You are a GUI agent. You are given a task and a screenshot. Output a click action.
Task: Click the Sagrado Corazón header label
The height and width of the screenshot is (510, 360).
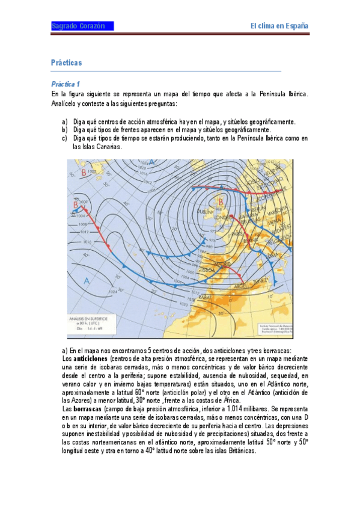tap(78, 26)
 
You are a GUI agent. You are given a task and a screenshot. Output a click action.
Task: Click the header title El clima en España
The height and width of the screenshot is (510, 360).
tap(279, 26)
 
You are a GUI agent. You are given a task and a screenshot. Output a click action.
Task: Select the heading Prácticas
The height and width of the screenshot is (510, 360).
tap(66, 63)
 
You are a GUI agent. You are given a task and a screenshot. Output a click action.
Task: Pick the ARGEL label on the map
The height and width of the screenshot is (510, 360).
tap(241, 285)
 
